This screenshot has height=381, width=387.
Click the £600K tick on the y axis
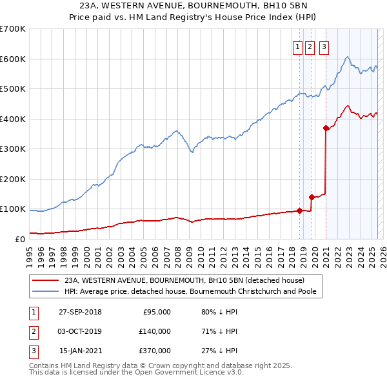(x=13, y=59)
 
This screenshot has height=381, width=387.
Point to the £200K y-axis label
(x=13, y=179)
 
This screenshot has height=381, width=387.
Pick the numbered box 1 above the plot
(x=298, y=46)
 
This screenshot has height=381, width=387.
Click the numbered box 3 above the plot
(x=323, y=46)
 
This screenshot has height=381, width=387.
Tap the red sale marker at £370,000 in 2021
(x=326, y=128)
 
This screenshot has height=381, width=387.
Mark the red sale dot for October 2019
(x=312, y=197)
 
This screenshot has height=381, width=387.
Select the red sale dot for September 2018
(x=300, y=210)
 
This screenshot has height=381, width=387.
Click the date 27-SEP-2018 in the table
(x=80, y=312)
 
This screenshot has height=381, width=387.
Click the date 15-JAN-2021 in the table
(x=80, y=351)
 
